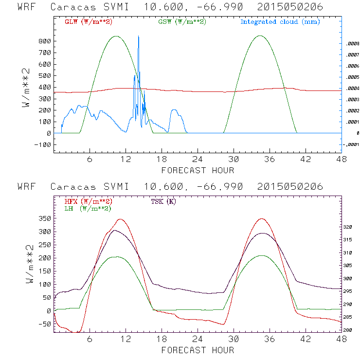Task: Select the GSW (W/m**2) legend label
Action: coord(182,22)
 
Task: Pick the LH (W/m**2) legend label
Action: coord(88,208)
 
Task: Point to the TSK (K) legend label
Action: coord(163,201)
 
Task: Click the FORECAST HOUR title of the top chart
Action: coord(198,170)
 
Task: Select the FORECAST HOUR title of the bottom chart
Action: coord(198,350)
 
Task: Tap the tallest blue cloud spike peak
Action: coord(139,36)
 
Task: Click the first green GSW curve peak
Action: coord(116,36)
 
